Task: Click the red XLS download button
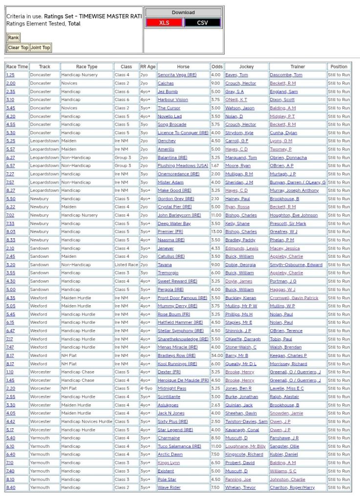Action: click(164, 22)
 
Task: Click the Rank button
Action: click(13, 38)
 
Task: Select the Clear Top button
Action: click(18, 47)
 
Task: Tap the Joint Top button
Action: click(40, 47)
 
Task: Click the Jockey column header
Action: click(246, 66)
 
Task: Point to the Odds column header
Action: click(217, 66)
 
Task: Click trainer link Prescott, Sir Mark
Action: click(288, 223)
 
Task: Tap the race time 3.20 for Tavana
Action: click(10, 265)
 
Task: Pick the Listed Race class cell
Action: click(126, 265)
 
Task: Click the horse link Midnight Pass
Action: click(171, 388)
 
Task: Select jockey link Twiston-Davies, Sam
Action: click(246, 421)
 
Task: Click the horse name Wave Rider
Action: click(169, 487)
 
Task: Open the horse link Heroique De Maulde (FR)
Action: click(181, 380)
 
